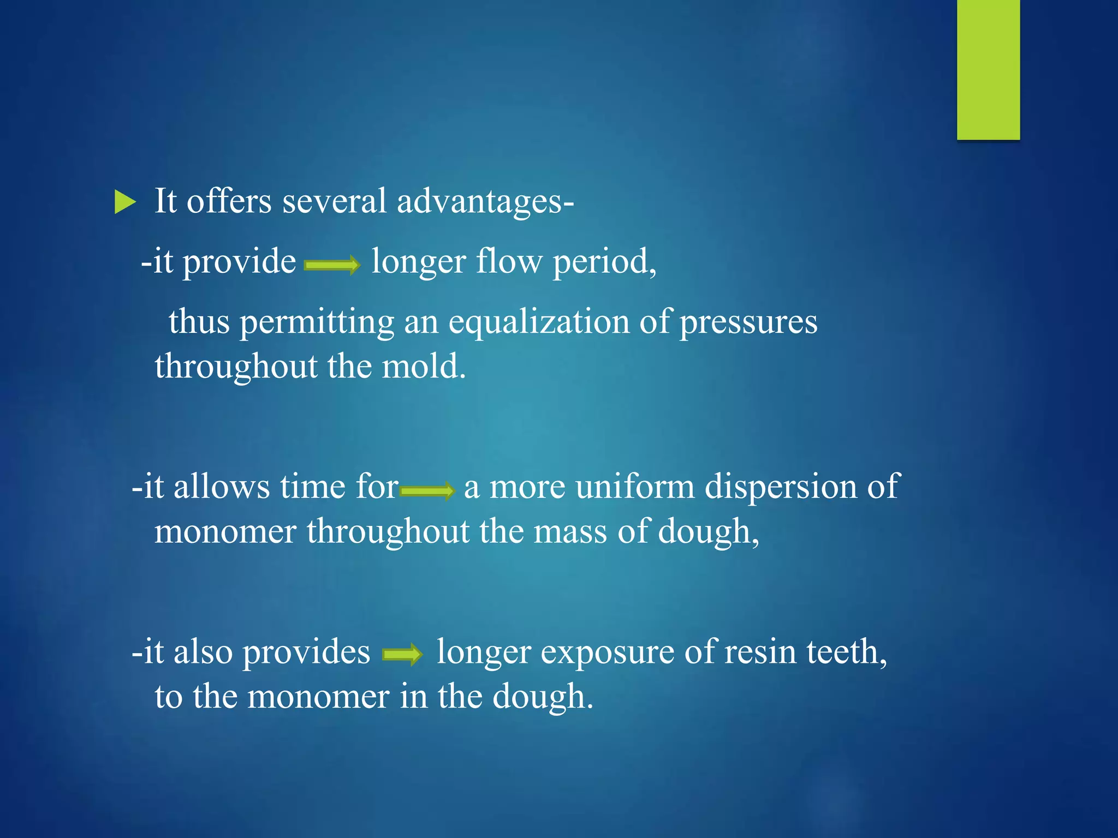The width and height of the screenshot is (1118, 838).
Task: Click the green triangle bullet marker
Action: click(x=125, y=202)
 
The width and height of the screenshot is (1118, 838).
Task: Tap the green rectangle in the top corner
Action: click(x=988, y=69)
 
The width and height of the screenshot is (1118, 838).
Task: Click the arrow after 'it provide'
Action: click(x=332, y=266)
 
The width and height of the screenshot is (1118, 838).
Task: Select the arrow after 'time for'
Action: click(x=427, y=490)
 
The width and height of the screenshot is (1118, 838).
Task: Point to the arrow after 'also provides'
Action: click(x=403, y=654)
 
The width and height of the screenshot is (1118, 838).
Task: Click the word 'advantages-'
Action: click(x=485, y=201)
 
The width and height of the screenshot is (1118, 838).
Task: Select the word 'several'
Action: click(x=334, y=201)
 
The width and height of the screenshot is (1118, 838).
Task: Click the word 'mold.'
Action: click(x=424, y=366)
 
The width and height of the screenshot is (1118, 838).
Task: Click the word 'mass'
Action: click(x=570, y=531)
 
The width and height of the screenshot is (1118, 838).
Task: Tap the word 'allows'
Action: click(x=221, y=486)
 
